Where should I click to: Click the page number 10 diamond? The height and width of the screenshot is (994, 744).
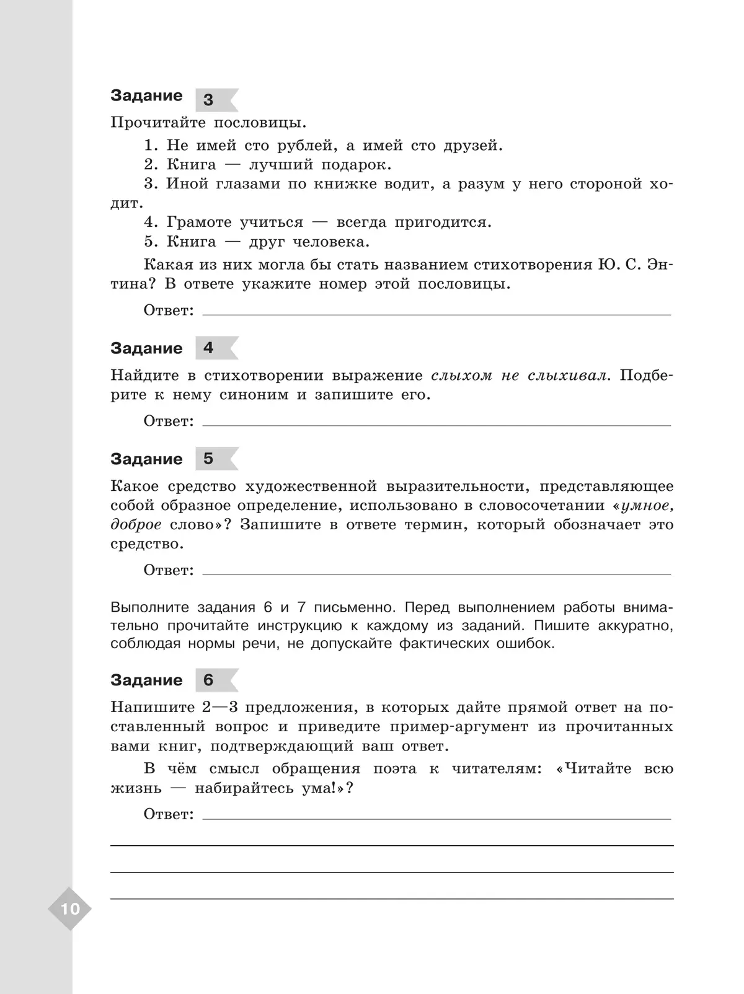[x=70, y=909]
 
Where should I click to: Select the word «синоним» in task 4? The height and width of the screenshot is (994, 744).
[x=254, y=395]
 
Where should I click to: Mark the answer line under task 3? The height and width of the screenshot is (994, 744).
[x=436, y=314]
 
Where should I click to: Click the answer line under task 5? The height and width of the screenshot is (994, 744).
[x=436, y=573]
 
